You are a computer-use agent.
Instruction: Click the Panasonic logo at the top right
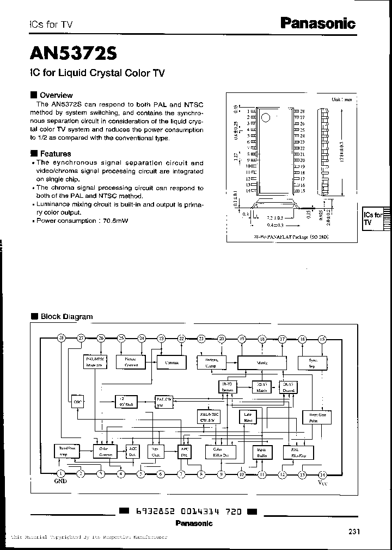tap(317, 23)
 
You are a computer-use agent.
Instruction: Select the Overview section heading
tap(56, 95)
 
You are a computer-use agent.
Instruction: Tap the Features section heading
tap(56, 154)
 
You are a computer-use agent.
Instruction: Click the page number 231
tap(354, 532)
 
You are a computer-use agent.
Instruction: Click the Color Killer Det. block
tap(220, 452)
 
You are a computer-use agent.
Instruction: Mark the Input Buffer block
tap(261, 452)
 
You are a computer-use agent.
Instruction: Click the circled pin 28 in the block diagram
tap(61, 339)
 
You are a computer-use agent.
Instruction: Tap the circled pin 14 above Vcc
tap(322, 474)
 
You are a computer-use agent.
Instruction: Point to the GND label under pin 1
tap(61, 482)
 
